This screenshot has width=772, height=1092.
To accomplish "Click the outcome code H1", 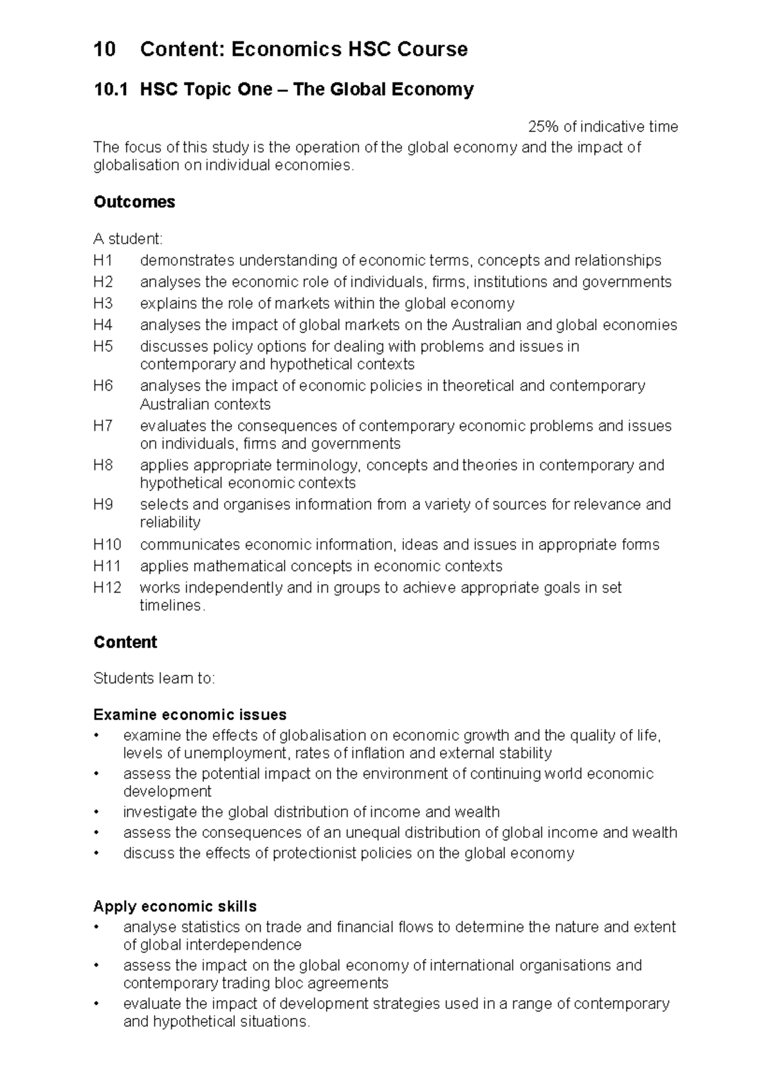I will click(x=102, y=261).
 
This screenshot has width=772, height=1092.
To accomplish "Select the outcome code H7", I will click(x=103, y=426).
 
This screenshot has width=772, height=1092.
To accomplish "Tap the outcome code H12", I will click(x=107, y=588).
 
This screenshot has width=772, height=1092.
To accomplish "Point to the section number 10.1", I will click(x=111, y=89).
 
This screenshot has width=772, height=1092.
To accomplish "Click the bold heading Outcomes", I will click(x=134, y=202).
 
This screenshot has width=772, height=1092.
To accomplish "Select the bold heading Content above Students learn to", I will click(x=125, y=642).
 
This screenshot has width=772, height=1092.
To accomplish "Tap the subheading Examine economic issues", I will click(x=190, y=715).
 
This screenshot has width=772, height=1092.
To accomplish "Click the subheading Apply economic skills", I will click(x=175, y=906).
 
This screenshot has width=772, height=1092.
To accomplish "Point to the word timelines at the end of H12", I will click(x=170, y=606).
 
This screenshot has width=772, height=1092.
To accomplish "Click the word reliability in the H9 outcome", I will click(x=170, y=522).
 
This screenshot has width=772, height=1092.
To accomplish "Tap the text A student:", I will click(x=128, y=239).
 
